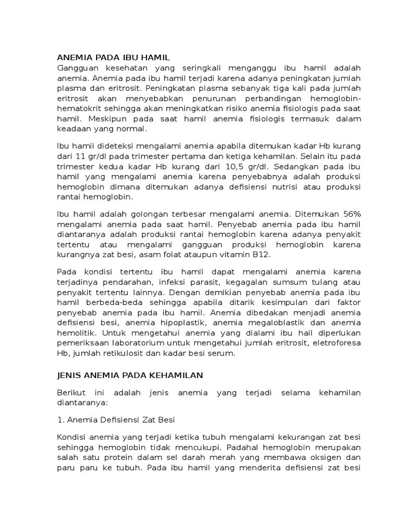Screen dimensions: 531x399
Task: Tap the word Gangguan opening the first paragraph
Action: point(76,69)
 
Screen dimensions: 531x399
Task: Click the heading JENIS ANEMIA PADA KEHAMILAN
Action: point(129,374)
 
